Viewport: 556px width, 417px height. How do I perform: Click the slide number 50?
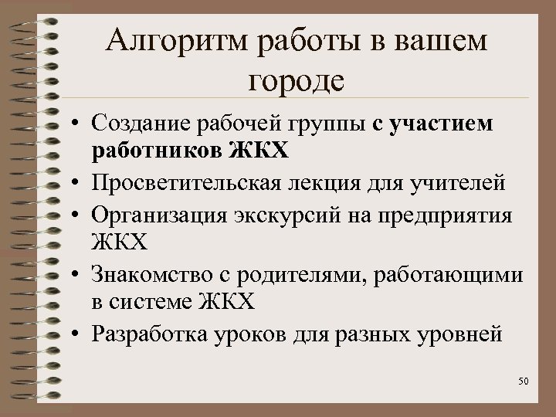pyautogui.click(x=523, y=381)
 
